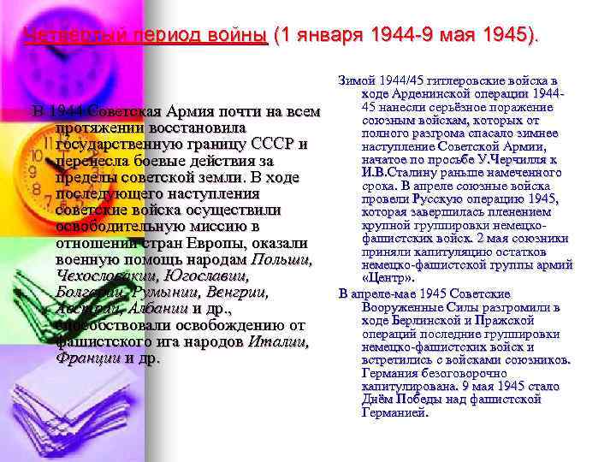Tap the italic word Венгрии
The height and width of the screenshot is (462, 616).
tap(231, 293)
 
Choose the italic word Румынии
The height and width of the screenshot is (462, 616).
tap(168, 293)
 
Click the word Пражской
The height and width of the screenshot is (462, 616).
tap(512, 320)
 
